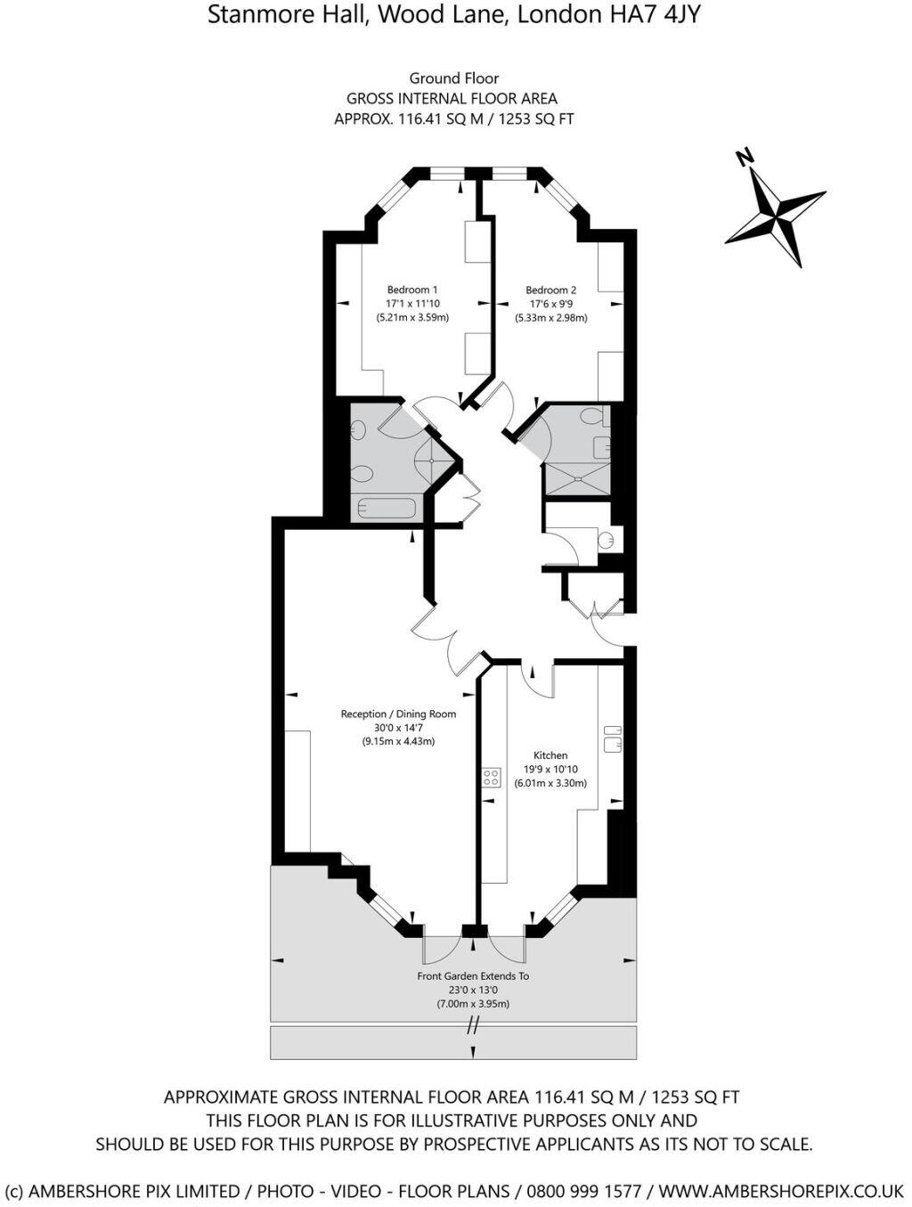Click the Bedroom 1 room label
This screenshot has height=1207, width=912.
click(x=411, y=290)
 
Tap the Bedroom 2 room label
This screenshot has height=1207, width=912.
click(x=550, y=290)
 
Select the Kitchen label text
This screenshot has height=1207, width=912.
click(x=550, y=755)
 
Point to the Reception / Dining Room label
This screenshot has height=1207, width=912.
click(x=398, y=714)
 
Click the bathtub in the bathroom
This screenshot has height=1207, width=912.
click(x=386, y=510)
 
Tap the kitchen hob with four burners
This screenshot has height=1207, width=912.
click(x=492, y=777)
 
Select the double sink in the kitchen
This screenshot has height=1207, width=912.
click(x=613, y=738)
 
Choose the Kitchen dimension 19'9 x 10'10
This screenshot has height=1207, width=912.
click(x=550, y=770)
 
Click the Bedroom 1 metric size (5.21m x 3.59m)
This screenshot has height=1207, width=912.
click(x=411, y=317)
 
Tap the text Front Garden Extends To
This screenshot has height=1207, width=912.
click(x=473, y=976)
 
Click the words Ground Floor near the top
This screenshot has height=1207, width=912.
click(x=454, y=78)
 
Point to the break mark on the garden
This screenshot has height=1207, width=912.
click(x=473, y=1025)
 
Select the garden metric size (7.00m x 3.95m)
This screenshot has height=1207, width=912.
click(x=473, y=1004)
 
